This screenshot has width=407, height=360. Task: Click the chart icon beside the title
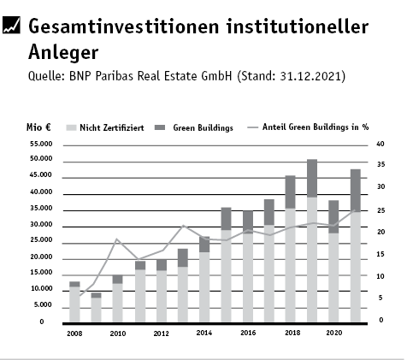click(x=11, y=25)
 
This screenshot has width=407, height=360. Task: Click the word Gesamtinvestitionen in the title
click(x=123, y=27)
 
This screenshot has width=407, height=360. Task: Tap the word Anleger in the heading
click(x=63, y=53)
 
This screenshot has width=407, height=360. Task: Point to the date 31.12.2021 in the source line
click(x=310, y=76)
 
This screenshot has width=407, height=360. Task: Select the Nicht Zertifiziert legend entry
click(x=105, y=127)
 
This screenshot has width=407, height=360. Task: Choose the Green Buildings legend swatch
click(x=160, y=127)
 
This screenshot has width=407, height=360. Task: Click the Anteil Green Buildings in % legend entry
click(x=308, y=127)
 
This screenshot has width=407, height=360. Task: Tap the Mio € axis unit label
click(x=38, y=127)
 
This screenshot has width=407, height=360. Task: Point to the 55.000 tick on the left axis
click(x=41, y=144)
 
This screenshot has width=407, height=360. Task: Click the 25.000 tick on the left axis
click(x=41, y=240)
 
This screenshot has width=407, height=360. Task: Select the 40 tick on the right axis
click(x=380, y=144)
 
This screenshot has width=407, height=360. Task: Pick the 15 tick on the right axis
click(x=380, y=254)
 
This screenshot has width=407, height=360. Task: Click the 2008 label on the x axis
click(x=74, y=333)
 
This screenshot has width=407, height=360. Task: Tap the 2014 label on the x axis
click(x=204, y=333)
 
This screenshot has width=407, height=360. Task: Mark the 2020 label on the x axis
click(x=334, y=333)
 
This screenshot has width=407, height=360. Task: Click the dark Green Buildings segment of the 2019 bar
click(x=312, y=178)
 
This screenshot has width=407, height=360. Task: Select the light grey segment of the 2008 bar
click(x=74, y=304)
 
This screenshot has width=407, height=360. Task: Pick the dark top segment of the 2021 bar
click(x=356, y=191)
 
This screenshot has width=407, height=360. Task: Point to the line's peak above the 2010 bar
click(x=116, y=239)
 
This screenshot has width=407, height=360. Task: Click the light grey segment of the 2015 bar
click(x=226, y=276)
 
